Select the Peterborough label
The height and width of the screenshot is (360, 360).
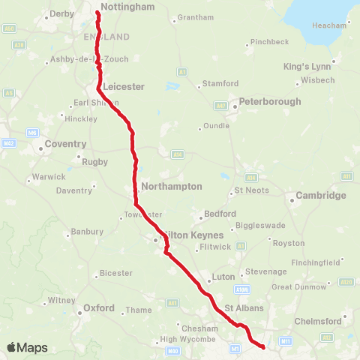270,101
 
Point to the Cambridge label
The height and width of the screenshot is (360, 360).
321,195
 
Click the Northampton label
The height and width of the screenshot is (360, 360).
172,185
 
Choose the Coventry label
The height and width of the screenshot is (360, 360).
66,143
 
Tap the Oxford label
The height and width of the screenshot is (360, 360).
99,307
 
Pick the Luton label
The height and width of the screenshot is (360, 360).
223,277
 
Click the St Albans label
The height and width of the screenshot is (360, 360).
241,307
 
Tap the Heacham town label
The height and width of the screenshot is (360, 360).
329,25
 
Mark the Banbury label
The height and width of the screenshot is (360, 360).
88,232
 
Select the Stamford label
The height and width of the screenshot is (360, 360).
220,83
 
